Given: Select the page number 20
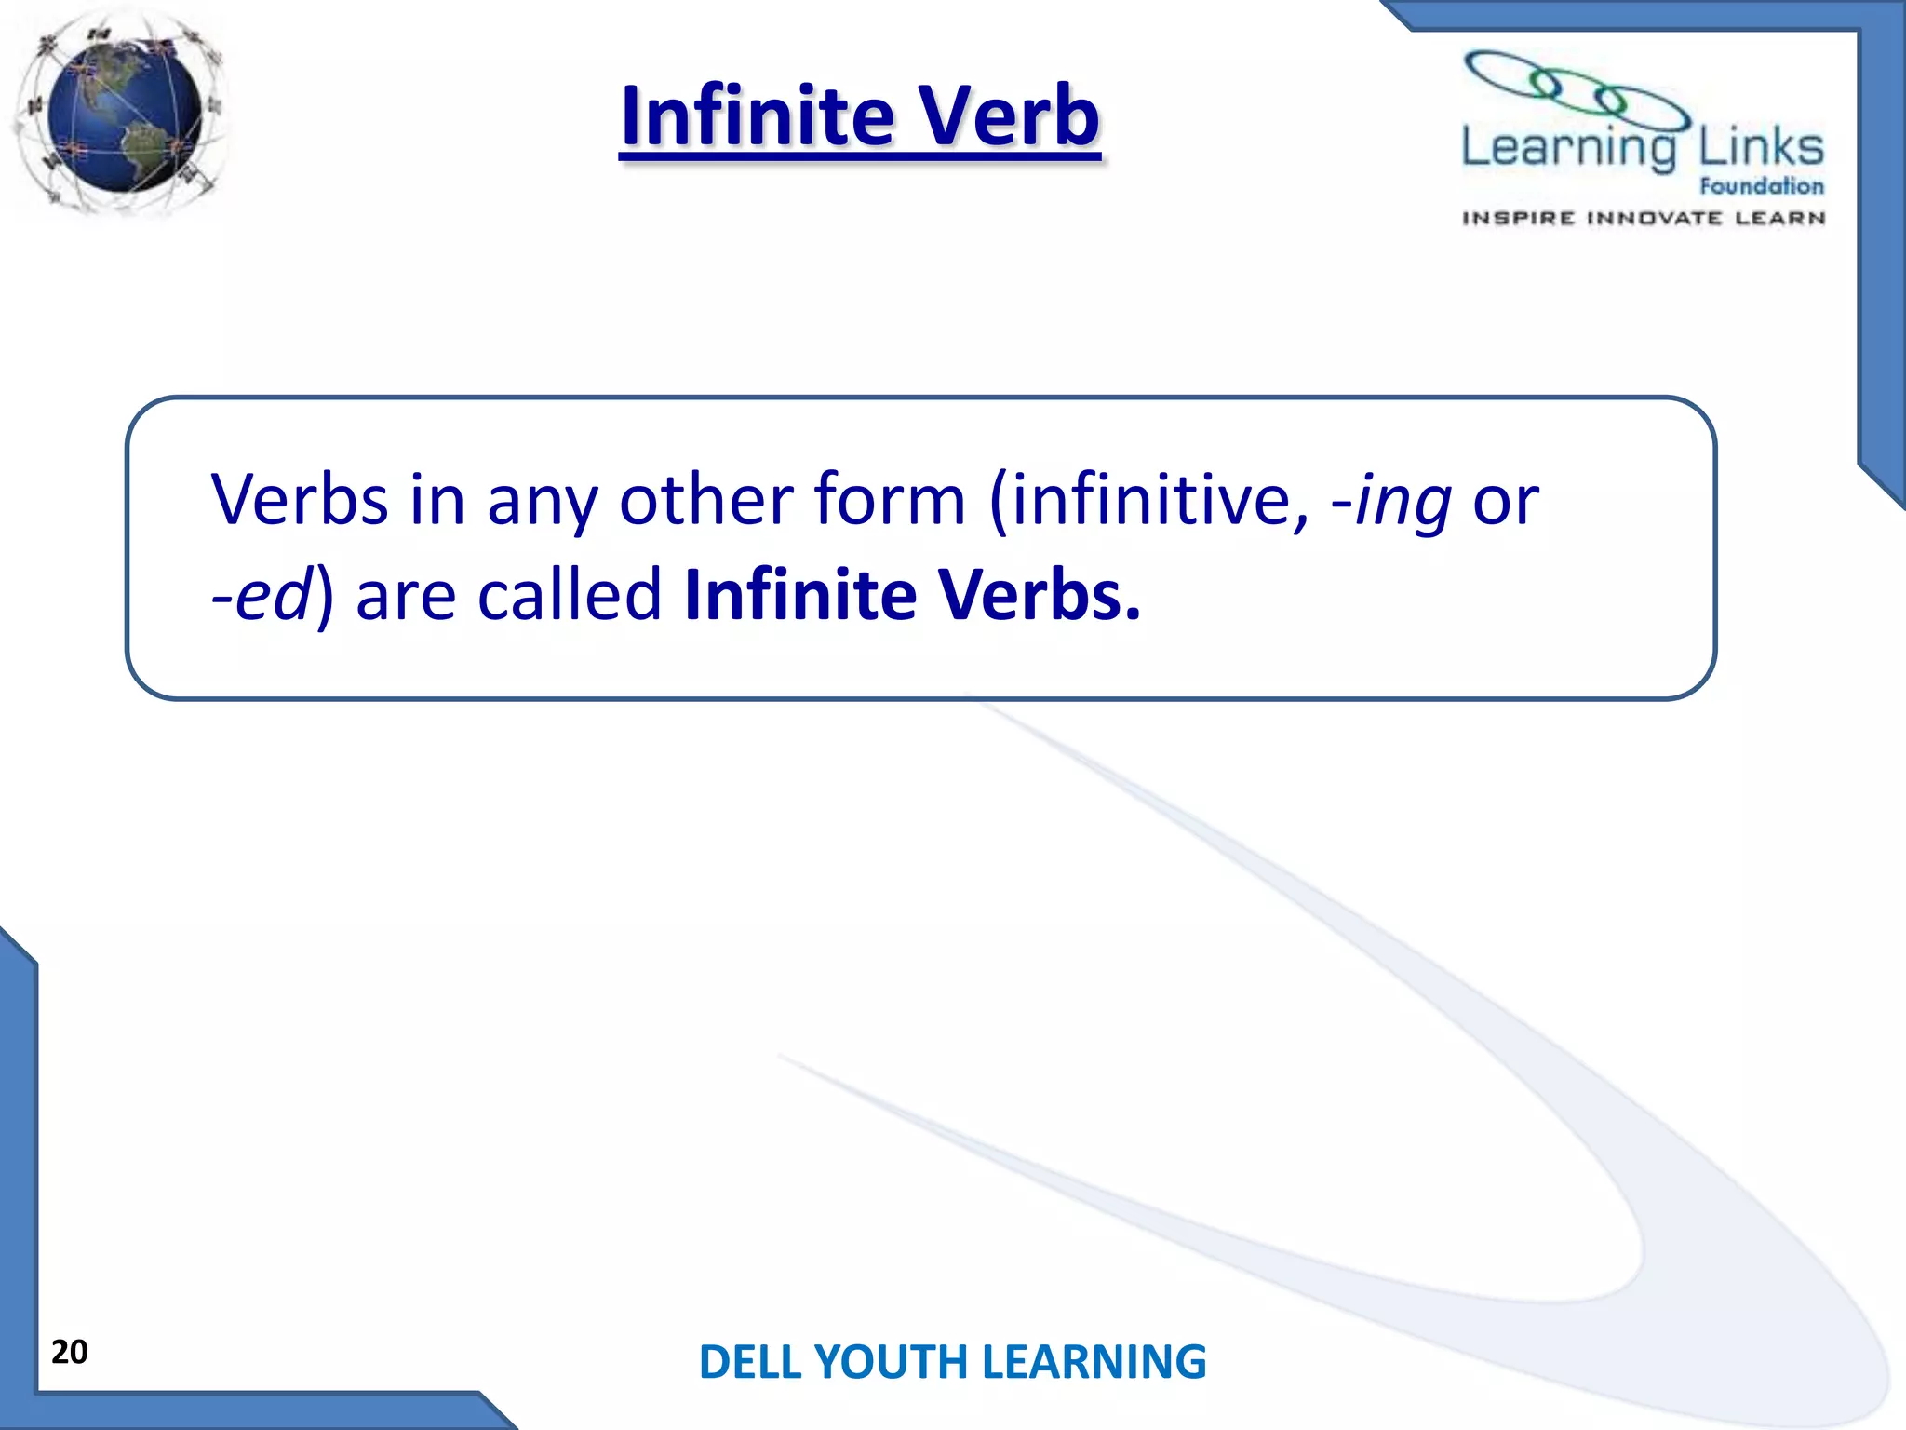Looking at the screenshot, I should [70, 1352].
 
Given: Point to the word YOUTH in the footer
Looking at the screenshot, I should [893, 1362].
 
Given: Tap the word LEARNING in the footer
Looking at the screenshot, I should [1094, 1362].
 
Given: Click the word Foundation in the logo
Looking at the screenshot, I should [1761, 186].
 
